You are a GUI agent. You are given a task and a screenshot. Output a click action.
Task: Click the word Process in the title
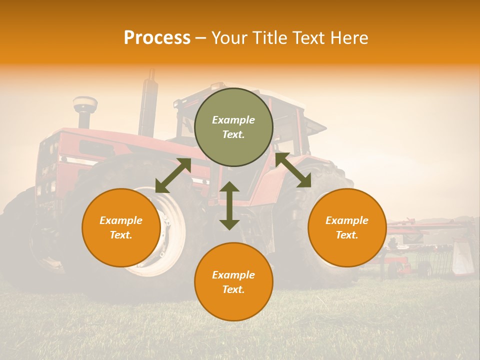157,38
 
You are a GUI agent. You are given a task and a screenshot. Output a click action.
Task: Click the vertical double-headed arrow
229,205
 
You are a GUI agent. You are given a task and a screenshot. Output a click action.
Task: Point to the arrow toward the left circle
173,175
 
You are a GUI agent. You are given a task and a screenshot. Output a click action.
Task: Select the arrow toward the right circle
293,170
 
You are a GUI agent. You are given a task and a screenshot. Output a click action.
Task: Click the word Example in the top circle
233,120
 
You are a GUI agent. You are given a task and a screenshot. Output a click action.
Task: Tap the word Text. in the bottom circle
233,289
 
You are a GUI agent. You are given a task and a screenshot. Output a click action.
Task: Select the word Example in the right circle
347,220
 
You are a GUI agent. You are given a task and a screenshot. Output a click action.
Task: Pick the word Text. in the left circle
121,235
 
